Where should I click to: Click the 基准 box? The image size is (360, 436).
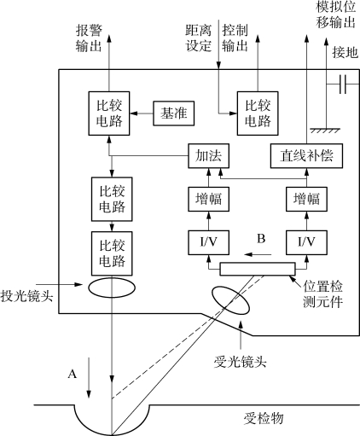pyautogui.click(x=174, y=113)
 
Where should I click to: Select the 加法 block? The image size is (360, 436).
pyautogui.click(x=208, y=156)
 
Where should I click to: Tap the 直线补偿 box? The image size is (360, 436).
pyautogui.click(x=306, y=156)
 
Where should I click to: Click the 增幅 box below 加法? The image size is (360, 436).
pyautogui.click(x=208, y=199)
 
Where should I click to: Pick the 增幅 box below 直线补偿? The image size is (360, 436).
pyautogui.click(x=306, y=199)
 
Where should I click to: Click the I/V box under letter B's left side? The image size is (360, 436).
pyautogui.click(x=208, y=242)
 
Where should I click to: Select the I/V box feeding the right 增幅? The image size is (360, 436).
pyautogui.click(x=306, y=242)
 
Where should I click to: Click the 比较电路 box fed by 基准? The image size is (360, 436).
pyautogui.click(x=109, y=113)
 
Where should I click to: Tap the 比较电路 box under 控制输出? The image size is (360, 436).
pyautogui.click(x=258, y=113)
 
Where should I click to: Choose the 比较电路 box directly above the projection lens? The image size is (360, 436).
pyautogui.click(x=112, y=253)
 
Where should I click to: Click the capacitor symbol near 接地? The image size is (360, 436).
pyautogui.click(x=343, y=84)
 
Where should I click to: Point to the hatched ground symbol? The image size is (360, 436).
pyautogui.click(x=326, y=131)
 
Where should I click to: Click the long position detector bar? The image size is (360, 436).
pyautogui.click(x=258, y=269)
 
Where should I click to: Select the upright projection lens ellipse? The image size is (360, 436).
pyautogui.click(x=112, y=288)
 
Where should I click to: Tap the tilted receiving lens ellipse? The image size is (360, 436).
pyautogui.click(x=230, y=300)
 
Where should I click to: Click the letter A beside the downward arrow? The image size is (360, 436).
pyautogui.click(x=73, y=374)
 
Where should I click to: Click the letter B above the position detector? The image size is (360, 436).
pyautogui.click(x=261, y=238)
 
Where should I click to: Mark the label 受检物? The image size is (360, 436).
pyautogui.click(x=264, y=418)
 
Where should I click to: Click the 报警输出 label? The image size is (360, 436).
pyautogui.click(x=89, y=38)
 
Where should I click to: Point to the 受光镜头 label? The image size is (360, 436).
pyautogui.click(x=241, y=362)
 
